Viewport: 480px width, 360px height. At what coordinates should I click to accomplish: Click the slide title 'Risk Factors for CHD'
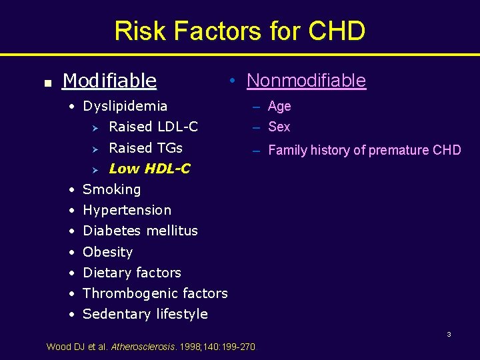tap(239, 31)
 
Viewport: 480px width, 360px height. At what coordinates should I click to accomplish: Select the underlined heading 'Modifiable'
tap(109, 81)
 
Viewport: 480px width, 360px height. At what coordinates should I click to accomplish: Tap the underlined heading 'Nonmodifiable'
tap(306, 81)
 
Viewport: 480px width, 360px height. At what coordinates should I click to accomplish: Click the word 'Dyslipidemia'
tap(125, 106)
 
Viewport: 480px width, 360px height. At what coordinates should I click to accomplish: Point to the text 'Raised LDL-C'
tap(153, 127)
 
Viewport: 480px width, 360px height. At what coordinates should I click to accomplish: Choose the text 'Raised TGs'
tap(145, 147)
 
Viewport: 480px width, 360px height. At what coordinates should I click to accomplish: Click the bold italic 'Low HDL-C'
tap(149, 169)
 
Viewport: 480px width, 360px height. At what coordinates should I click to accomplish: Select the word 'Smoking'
tap(111, 189)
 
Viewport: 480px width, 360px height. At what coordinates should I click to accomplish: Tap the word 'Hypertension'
tap(127, 210)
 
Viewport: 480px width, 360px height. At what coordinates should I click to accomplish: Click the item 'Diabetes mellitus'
tap(140, 231)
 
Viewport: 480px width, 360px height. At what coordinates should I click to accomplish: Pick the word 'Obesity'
tap(107, 252)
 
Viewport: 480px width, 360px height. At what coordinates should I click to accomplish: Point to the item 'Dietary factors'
tap(131, 273)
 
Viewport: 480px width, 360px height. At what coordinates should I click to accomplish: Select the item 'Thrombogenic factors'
tap(155, 293)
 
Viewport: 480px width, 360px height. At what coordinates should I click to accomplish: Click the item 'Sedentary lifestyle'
tap(145, 314)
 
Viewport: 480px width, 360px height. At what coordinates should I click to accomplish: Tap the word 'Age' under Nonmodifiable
tap(279, 107)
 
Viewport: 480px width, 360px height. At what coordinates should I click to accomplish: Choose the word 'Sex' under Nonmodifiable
tap(279, 127)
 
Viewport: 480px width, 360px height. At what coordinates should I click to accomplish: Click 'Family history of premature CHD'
tap(364, 150)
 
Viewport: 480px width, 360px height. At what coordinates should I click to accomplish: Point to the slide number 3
tap(449, 334)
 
